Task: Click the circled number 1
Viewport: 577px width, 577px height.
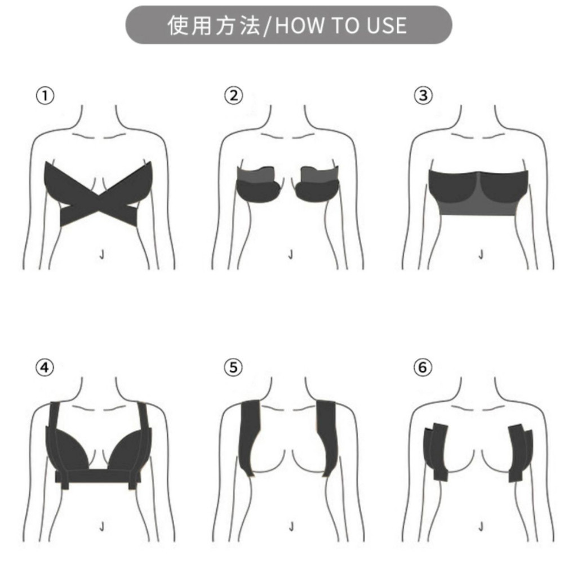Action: tap(45, 96)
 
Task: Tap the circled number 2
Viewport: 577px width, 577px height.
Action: tap(234, 96)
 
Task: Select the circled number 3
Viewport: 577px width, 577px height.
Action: tap(423, 96)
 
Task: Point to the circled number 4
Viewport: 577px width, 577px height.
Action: tap(45, 367)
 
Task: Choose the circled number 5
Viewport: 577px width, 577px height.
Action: tap(234, 367)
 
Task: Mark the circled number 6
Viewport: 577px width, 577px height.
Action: tap(423, 367)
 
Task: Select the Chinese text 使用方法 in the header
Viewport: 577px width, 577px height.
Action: tap(214, 25)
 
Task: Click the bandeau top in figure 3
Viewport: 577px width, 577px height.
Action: tap(478, 192)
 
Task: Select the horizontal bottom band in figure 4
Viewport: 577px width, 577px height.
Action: tap(98, 477)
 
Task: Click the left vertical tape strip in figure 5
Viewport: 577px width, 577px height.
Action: tap(251, 438)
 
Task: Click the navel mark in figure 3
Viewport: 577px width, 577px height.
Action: tap(481, 255)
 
